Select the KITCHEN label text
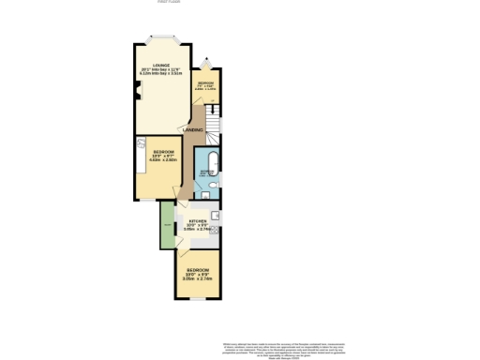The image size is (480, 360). tap(197, 221)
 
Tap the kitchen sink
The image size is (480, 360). tap(217, 216)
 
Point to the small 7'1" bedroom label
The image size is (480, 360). tap(206, 83)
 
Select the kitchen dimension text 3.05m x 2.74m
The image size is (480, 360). tap(197, 230)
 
